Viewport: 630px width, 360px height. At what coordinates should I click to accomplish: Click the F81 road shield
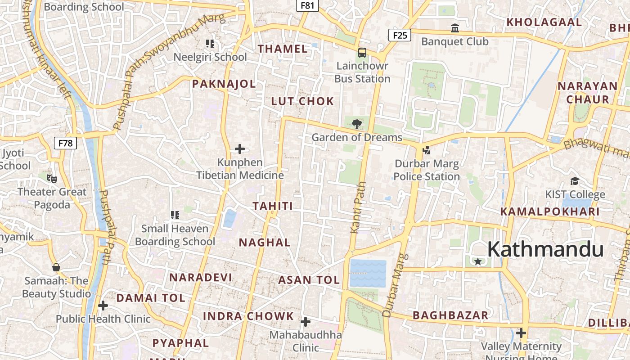307,5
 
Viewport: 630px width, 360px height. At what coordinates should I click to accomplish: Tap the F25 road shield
400,35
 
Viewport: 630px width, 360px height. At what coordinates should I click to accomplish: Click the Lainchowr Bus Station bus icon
362,53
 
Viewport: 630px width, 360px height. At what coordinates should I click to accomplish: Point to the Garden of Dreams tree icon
357,124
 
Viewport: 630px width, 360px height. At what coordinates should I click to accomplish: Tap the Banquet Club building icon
455,28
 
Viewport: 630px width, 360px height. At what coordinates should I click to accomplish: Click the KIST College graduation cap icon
575,181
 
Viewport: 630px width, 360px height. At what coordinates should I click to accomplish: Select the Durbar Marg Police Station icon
426,150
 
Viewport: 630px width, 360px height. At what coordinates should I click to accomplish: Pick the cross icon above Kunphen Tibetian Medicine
240,149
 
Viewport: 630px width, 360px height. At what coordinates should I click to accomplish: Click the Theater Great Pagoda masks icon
52,179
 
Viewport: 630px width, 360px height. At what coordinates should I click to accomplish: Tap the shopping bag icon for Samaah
56,268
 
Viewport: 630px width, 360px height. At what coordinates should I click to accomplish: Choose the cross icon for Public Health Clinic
103,306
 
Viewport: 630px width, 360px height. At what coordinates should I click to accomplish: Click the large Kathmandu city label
545,249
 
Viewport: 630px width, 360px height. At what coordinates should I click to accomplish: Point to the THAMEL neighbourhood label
283,49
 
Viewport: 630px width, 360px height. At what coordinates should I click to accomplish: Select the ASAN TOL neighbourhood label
309,280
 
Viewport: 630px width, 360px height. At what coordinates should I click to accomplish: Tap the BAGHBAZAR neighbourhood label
450,315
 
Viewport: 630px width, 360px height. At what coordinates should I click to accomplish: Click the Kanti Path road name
358,207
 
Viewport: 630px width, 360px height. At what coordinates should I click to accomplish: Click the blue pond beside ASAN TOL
368,273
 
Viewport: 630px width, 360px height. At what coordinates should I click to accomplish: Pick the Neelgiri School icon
210,44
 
